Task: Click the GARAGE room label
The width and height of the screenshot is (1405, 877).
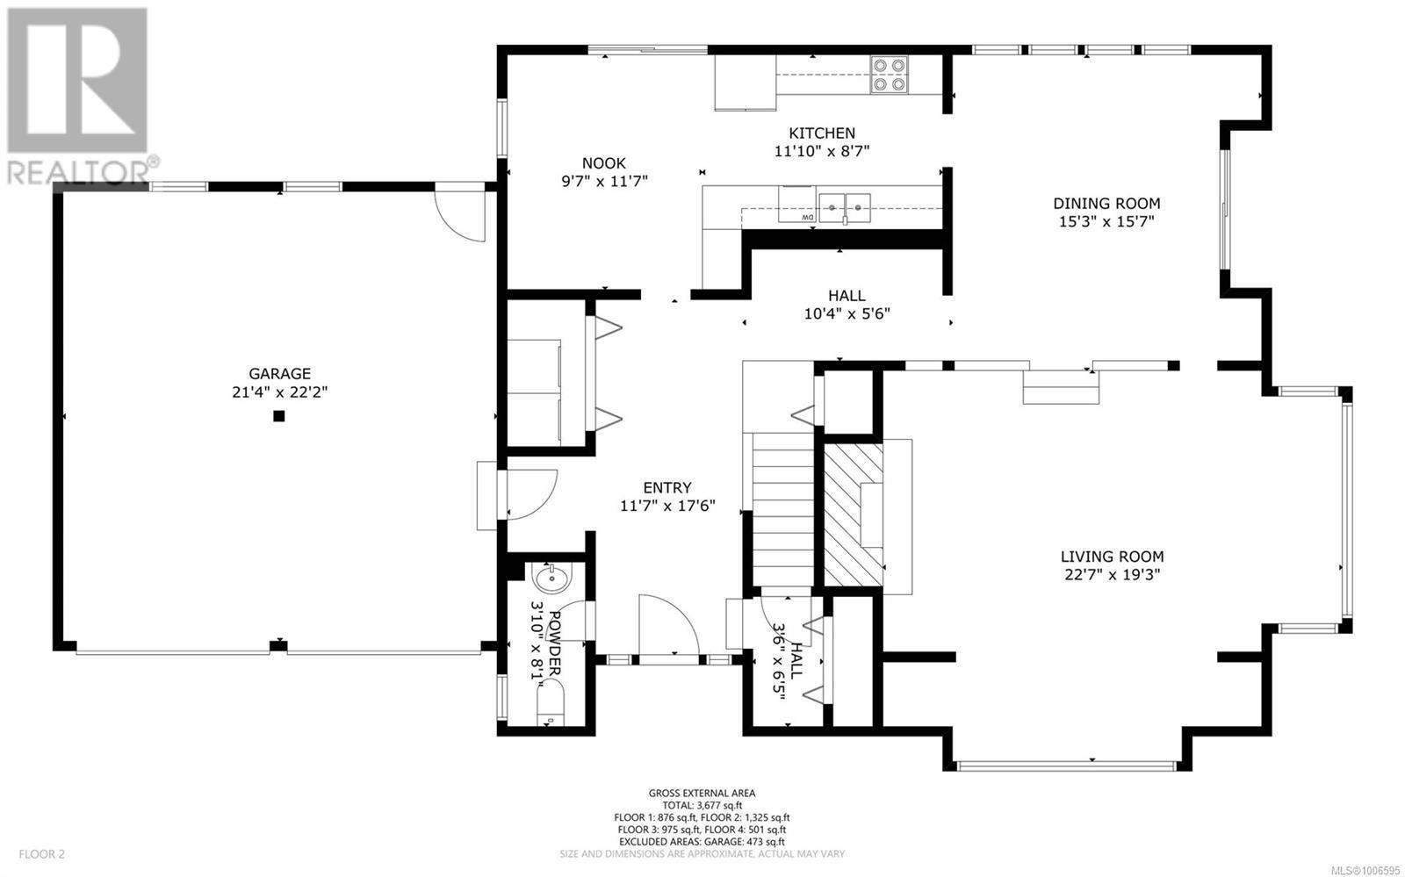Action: click(280, 374)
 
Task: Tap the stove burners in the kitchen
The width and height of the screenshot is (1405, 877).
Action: click(889, 75)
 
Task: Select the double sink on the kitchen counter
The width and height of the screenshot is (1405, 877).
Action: click(844, 208)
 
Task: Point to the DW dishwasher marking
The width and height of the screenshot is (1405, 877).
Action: click(807, 217)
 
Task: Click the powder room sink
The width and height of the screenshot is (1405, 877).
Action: click(551, 578)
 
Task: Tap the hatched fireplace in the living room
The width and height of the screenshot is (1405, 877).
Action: click(853, 514)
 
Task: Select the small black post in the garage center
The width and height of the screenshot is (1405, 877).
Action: click(279, 415)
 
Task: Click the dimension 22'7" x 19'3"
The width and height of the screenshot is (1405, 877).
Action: click(1112, 574)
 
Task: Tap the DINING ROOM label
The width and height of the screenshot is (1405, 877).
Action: click(1106, 203)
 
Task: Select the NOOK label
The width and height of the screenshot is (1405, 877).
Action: click(603, 163)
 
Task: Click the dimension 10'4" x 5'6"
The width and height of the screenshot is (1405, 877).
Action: click(847, 313)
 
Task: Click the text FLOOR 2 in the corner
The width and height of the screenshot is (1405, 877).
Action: click(41, 854)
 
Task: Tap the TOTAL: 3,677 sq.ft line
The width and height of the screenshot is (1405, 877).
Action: click(702, 806)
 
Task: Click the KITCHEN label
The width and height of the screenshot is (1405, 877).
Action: click(822, 133)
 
